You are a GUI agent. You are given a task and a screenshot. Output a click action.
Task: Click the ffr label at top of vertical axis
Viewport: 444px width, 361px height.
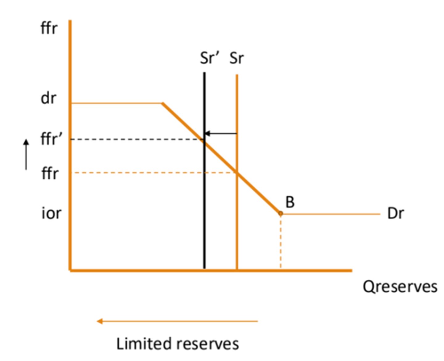tap(49, 28)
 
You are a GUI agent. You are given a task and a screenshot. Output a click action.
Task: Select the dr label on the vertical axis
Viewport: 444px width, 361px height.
tap(48, 99)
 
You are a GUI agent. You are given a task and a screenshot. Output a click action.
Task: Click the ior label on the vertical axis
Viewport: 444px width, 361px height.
tap(51, 213)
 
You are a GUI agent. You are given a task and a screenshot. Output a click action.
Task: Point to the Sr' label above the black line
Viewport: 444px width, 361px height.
tap(209, 58)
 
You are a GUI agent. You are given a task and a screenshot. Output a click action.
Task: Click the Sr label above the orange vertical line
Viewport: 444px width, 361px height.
tap(236, 58)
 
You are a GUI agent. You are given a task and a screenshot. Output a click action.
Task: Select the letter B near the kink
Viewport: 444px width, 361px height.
tap(290, 202)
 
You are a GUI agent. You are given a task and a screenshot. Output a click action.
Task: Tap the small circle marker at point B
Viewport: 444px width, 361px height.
tap(280, 213)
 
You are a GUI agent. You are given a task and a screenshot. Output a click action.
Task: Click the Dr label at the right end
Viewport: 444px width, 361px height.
tap(395, 213)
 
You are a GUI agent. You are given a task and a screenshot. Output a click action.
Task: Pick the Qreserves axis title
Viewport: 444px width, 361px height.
tap(400, 286)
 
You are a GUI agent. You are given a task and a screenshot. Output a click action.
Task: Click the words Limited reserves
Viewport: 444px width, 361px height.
tap(177, 344)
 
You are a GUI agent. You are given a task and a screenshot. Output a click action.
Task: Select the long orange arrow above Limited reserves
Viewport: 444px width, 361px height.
tap(177, 321)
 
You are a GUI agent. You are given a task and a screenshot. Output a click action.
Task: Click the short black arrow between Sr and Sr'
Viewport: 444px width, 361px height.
tap(220, 133)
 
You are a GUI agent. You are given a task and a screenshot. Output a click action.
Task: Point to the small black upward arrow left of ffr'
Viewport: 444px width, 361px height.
tap(26, 154)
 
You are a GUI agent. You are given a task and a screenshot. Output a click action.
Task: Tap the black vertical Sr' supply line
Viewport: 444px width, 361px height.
tap(204, 216)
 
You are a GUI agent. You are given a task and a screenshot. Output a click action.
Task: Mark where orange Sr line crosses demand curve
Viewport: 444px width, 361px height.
tap(237, 172)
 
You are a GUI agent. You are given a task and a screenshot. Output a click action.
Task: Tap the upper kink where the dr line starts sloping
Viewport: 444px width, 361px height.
tap(162, 103)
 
